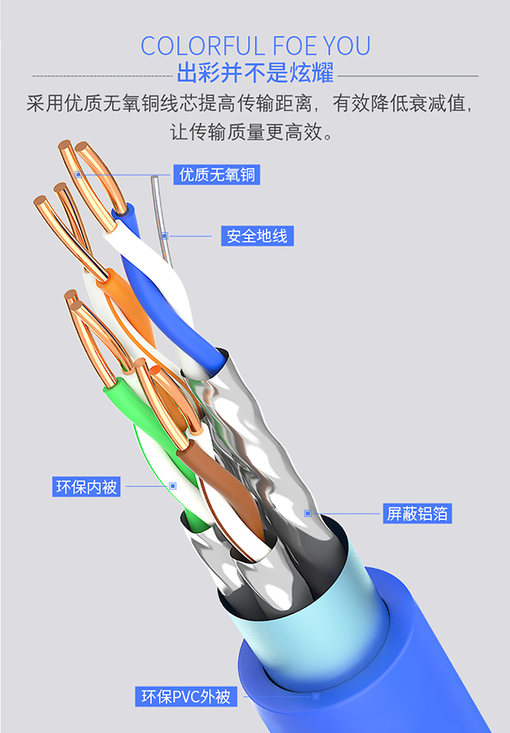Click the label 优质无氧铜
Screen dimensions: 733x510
pyautogui.click(x=217, y=175)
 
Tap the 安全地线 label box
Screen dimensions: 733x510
pyautogui.click(x=257, y=236)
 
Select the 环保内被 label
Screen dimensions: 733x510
pyautogui.click(x=86, y=487)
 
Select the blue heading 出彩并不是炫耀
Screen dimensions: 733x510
pyautogui.click(x=255, y=72)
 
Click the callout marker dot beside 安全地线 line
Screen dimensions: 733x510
pyautogui.click(x=165, y=236)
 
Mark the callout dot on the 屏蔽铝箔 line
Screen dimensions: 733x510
pyautogui.click(x=308, y=513)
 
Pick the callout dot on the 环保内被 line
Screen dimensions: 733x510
pyautogui.click(x=173, y=486)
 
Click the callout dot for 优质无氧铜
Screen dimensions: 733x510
pyautogui.click(x=79, y=175)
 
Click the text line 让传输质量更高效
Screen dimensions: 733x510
pyautogui.click(x=252, y=132)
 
